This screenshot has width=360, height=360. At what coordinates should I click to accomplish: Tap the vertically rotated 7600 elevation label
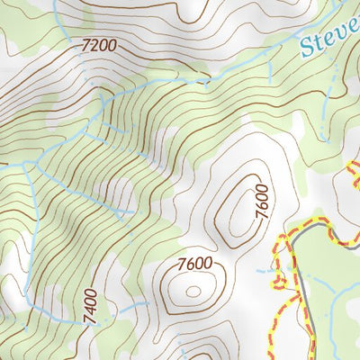262,199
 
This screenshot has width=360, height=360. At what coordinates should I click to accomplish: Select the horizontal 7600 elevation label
195,263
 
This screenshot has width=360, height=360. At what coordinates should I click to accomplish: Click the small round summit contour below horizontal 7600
193,290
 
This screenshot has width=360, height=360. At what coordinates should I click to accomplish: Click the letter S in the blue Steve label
309,48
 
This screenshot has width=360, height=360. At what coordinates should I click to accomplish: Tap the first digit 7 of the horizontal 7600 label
183,263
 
